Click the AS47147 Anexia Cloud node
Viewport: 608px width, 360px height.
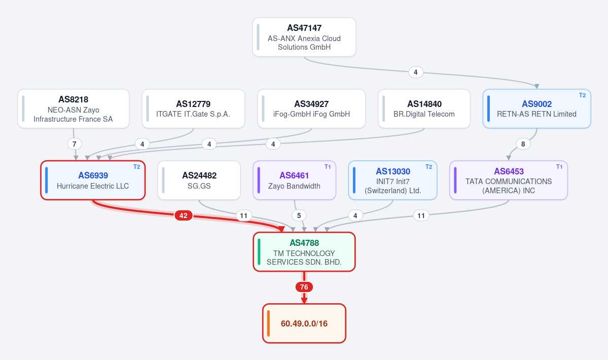[304, 37]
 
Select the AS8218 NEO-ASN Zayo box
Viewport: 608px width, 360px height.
[74, 109]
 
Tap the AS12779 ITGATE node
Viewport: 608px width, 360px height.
[193, 109]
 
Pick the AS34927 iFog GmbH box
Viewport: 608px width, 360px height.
[311, 109]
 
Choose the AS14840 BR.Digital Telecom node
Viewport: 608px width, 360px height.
[424, 109]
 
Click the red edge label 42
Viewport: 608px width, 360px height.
[184, 215]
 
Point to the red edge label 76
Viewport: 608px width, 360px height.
[304, 287]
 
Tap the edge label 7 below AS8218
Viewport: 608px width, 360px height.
[75, 144]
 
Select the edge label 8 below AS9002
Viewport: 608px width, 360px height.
[523, 144]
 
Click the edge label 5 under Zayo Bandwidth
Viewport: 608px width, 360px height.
[299, 215]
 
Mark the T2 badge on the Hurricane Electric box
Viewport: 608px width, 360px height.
[136, 167]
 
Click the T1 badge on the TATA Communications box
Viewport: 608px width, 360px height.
[559, 167]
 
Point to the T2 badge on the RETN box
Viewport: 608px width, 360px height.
[583, 95]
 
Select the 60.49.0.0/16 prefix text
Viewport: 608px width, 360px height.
[304, 323]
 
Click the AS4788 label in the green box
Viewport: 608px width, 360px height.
[304, 243]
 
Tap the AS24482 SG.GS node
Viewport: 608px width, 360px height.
[199, 180]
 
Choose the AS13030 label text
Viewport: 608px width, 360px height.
[393, 171]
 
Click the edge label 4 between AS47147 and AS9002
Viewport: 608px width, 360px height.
[416, 72]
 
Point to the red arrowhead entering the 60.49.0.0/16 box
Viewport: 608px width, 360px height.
[304, 301]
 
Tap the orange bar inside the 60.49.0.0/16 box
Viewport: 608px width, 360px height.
[268, 323]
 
